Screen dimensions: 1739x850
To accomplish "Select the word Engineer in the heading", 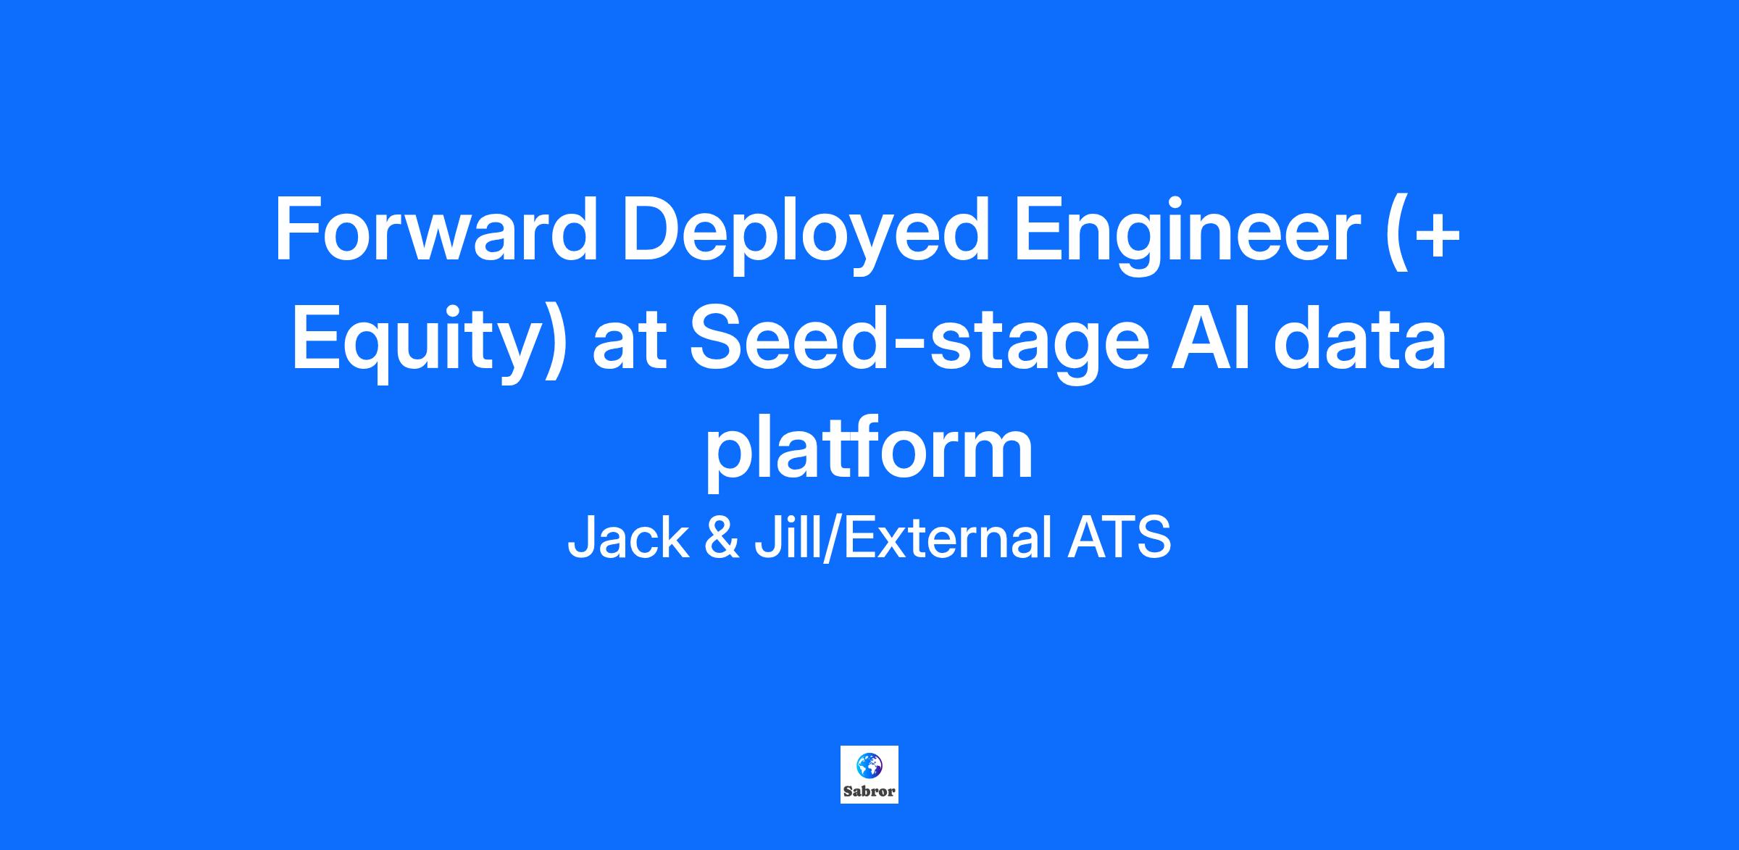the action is [1188, 236].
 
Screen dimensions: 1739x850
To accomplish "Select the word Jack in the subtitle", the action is [627, 538].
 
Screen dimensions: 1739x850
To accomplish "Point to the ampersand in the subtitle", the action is [722, 538].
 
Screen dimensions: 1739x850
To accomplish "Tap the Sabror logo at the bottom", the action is [869, 775].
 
